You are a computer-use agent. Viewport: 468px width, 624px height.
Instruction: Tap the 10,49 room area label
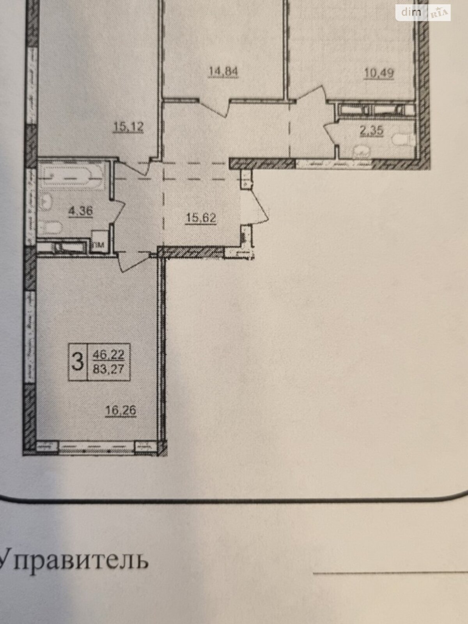379,73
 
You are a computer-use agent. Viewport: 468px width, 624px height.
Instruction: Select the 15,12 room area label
128,126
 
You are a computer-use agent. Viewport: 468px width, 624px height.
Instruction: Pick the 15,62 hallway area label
201,217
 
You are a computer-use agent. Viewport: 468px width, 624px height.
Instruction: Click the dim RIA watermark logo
423,13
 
